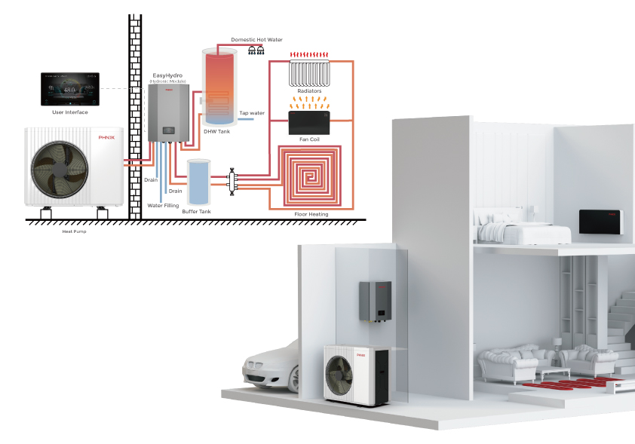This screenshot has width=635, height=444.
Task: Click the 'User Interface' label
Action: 69,112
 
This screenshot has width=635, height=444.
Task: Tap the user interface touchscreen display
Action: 69,89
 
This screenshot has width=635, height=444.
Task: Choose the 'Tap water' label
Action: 252,113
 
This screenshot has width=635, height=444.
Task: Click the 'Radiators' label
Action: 309,90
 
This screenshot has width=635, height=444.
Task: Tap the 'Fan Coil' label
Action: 309,139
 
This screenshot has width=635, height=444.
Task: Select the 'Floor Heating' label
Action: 311,214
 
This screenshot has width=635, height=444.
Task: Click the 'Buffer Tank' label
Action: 197,212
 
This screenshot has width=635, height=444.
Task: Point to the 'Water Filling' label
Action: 163,205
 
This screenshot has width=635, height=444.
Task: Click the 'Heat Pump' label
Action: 73,231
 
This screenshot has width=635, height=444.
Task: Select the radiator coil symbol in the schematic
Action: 309,73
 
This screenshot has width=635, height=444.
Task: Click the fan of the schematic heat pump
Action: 51,167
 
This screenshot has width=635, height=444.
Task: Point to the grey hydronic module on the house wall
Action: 375,300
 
